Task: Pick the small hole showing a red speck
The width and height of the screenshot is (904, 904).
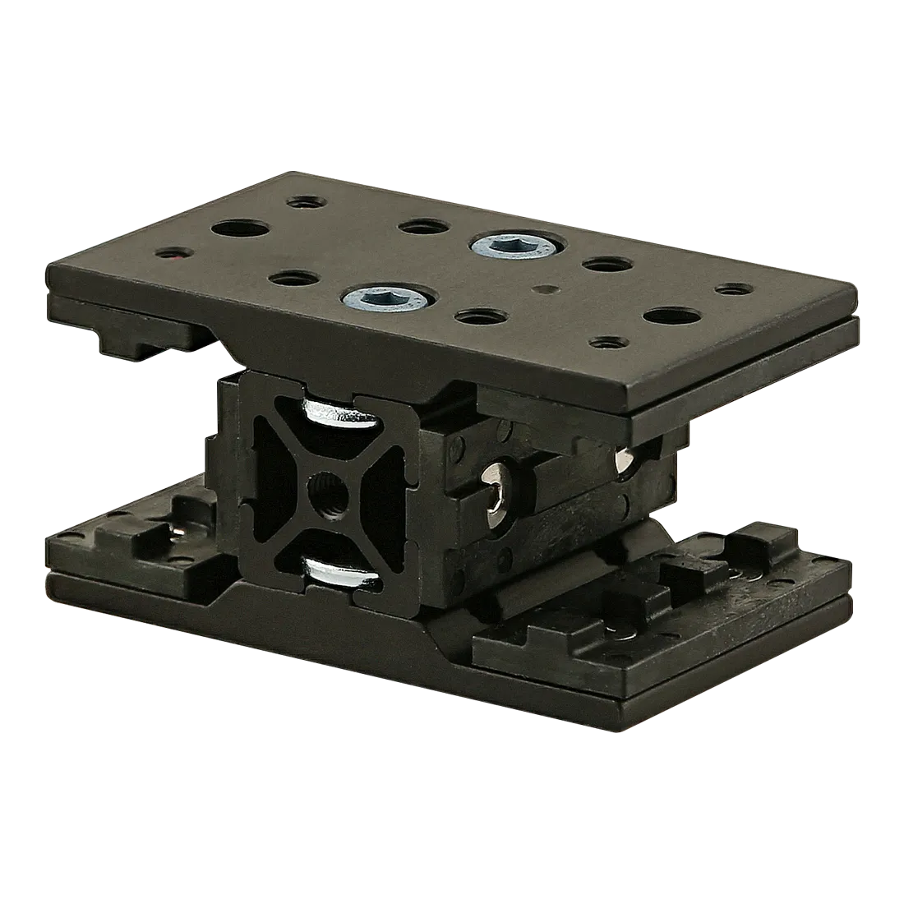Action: pyautogui.click(x=171, y=256)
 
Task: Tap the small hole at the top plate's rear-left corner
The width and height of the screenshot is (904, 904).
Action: pyautogui.click(x=302, y=200)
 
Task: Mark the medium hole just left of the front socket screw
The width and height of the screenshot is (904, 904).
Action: pyautogui.click(x=290, y=280)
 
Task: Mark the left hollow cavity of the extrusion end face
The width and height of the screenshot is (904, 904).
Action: pyautogui.click(x=268, y=484)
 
